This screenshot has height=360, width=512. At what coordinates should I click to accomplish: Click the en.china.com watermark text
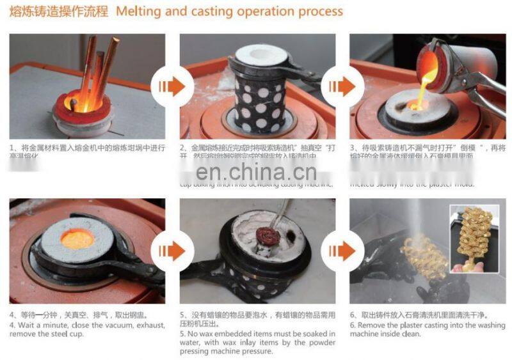click(256, 172)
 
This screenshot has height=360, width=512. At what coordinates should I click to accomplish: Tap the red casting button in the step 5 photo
click(263, 239)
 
